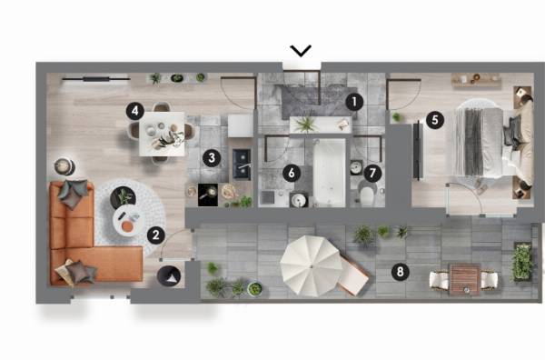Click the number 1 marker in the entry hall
354,102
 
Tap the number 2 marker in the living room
156,235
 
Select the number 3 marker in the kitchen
212,158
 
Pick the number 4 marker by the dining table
134,111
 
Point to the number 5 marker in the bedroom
435,120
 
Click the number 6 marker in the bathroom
292,173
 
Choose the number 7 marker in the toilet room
372,173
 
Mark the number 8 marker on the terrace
400,271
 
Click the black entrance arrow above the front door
301,51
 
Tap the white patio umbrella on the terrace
311,266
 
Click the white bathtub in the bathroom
330,173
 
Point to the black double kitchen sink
242,164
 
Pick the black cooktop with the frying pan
208,195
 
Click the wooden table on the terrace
465,279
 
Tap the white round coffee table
127,221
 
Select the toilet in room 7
367,194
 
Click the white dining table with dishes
162,134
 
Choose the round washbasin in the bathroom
299,200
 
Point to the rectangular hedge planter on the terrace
522,262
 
